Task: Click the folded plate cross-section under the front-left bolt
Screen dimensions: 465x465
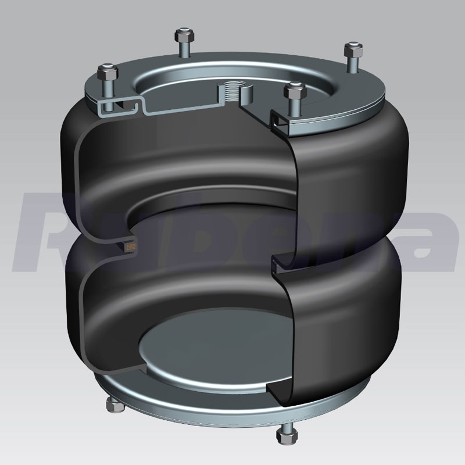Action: [113, 108]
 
